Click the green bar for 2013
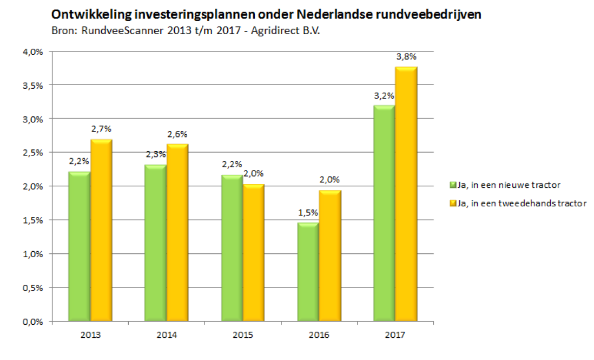pyautogui.click(x=79, y=246)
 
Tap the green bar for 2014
pyautogui.click(x=155, y=243)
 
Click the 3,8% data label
pyautogui.click(x=406, y=57)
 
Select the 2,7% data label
pyautogui.click(x=101, y=129)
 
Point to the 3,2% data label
pyautogui.click(x=384, y=96)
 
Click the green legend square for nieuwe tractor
pyautogui.click(x=453, y=185)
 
